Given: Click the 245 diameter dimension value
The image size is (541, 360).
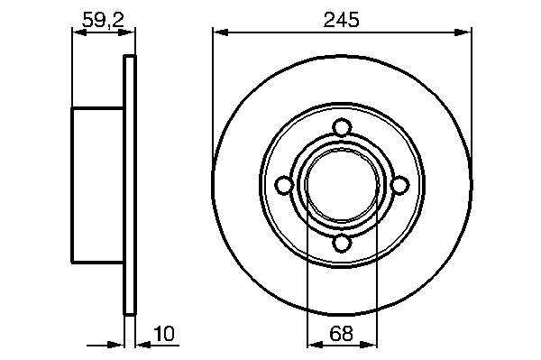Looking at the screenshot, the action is pos(341,19).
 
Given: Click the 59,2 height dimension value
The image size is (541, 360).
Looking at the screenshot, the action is pos(103,20).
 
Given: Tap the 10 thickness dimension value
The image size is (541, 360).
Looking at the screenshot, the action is pos(164,334).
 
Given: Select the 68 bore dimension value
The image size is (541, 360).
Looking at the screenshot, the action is pos(341,334).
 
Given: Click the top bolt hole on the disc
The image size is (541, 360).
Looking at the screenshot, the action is pos(342,127).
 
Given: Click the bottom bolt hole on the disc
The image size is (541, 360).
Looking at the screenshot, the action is pos(342,243).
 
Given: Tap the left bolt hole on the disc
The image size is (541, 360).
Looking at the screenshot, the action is pos(284,185).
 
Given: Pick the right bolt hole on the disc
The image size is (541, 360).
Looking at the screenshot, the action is pos(399,185).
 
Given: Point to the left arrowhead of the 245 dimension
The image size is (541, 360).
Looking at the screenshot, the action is pos(221,32).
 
